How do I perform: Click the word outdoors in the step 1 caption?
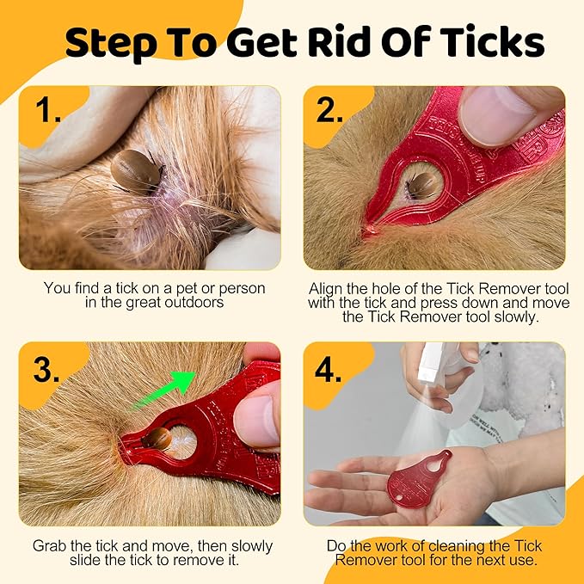(203, 303)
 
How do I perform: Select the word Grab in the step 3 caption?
(50, 546)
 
